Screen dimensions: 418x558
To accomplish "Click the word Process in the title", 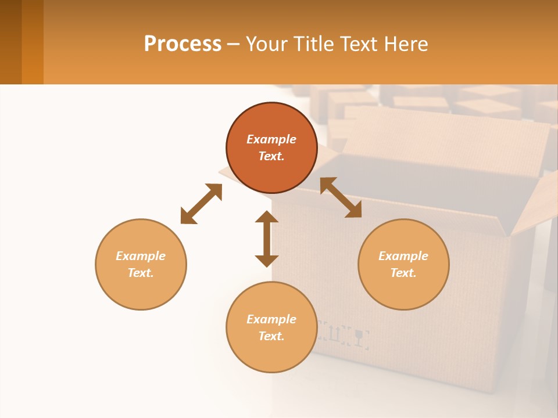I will (x=183, y=44).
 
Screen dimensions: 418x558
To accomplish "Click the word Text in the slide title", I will (x=359, y=44).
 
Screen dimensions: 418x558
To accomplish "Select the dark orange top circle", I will (x=271, y=148).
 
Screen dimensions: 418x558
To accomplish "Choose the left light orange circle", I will (x=141, y=264).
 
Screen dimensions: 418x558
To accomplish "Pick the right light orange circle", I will (x=403, y=264).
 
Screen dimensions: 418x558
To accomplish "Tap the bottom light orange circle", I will (x=271, y=327).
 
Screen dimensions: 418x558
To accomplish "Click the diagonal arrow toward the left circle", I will (x=201, y=204).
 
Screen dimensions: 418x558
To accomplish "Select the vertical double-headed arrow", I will (x=267, y=239).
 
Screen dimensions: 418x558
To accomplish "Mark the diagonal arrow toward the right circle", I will (x=341, y=197).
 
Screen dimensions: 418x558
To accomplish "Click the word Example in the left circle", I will (x=141, y=256).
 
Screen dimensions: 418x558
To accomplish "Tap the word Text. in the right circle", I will (x=403, y=273).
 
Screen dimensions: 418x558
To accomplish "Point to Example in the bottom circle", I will (x=271, y=319).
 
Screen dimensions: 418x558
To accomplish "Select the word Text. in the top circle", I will (x=271, y=156).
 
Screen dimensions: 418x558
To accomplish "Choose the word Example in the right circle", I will (x=403, y=256).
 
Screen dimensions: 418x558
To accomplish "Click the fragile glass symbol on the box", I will (x=360, y=337).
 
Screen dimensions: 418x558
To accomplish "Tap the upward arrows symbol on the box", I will (x=335, y=333).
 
